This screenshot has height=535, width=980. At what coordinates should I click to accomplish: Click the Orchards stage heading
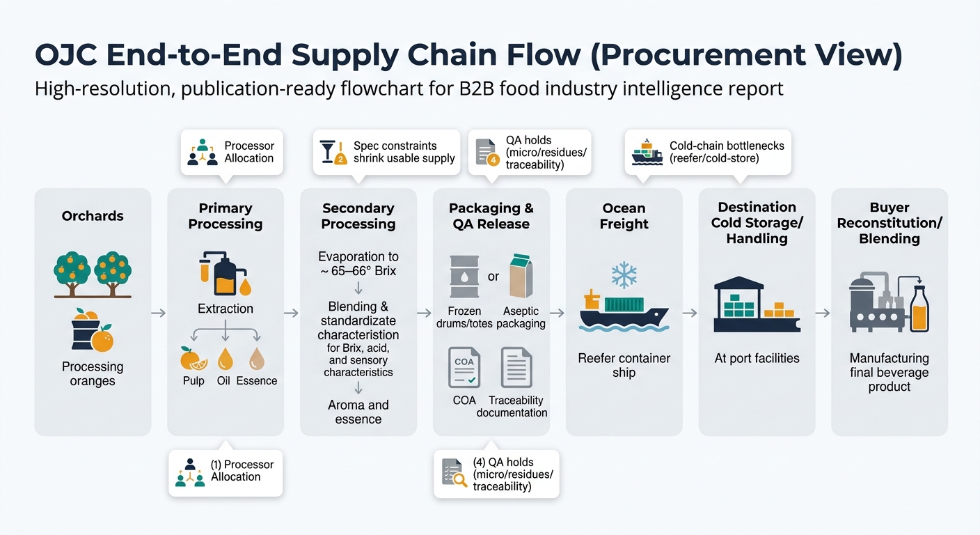93,216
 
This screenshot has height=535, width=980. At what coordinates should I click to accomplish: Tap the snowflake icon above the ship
624,275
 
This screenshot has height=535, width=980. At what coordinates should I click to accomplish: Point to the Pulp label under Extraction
194,381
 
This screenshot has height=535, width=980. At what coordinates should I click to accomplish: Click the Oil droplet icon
225,358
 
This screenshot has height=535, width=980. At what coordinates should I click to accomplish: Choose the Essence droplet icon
257,358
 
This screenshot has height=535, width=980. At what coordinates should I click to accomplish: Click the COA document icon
464,367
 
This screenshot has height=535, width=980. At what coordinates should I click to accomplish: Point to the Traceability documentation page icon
516,367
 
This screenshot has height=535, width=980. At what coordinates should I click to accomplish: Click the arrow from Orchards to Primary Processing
159,313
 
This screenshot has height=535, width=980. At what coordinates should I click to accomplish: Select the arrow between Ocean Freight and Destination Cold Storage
690,313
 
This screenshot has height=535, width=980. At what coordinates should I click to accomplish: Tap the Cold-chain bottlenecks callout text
726,152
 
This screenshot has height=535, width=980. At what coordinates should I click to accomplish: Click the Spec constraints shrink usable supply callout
404,152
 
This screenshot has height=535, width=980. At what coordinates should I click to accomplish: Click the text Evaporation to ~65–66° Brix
358,263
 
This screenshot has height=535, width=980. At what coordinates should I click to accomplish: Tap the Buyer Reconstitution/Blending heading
890,223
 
